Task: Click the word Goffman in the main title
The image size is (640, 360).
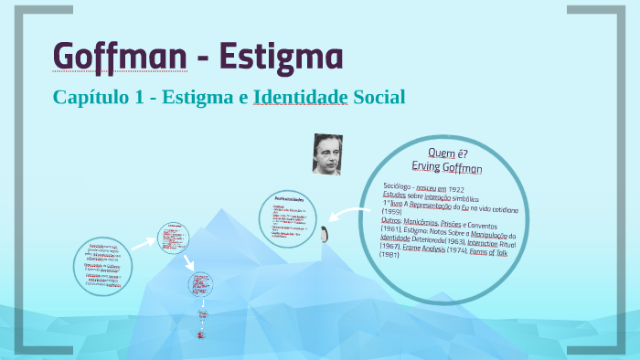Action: click(x=122, y=56)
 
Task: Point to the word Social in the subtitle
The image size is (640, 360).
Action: click(x=379, y=96)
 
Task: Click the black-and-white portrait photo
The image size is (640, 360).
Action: click(x=326, y=154)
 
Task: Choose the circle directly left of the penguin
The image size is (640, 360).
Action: click(x=286, y=218)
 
